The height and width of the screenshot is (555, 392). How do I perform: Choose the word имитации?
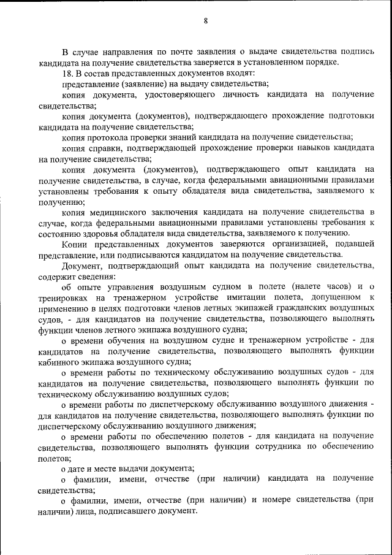[x=245, y=297]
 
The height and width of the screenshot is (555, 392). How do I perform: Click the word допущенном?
[x=331, y=297]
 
